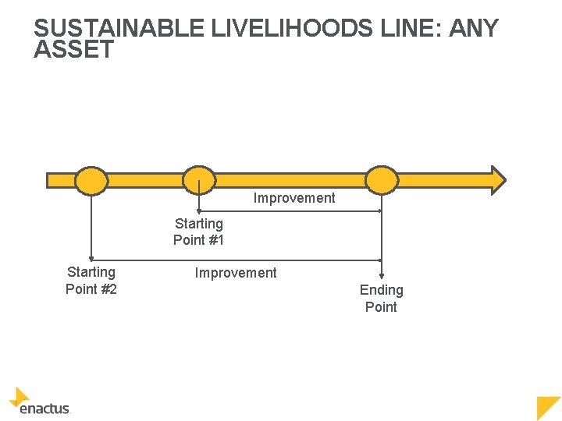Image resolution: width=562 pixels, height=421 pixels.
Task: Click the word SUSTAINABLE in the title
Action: coord(119,29)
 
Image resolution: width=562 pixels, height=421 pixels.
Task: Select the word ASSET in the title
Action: coord(74,50)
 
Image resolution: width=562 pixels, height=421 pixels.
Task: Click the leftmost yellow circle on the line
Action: coord(91,180)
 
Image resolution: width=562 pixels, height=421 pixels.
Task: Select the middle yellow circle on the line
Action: coord(199,180)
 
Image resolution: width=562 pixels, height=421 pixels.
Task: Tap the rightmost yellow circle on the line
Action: coord(382,180)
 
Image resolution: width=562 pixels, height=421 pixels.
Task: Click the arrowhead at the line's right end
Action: coord(496,180)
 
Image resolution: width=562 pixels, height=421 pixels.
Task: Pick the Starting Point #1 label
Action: coord(199,232)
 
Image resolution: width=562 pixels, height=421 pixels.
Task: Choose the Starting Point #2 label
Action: coord(91,281)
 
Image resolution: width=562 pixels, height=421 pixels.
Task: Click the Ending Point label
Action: coord(382,299)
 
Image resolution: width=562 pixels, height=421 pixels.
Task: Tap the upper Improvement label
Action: coord(294,198)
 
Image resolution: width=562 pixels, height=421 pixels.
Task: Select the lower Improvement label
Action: coord(236,273)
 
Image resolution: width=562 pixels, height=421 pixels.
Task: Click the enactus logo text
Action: coord(44,408)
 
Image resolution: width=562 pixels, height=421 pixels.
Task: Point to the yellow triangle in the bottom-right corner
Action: coord(548,406)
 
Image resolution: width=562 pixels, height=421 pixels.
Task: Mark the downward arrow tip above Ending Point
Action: coord(382,275)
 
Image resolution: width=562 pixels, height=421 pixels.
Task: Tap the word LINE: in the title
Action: coord(399,29)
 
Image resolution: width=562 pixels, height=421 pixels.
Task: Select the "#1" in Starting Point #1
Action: coord(215,240)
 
